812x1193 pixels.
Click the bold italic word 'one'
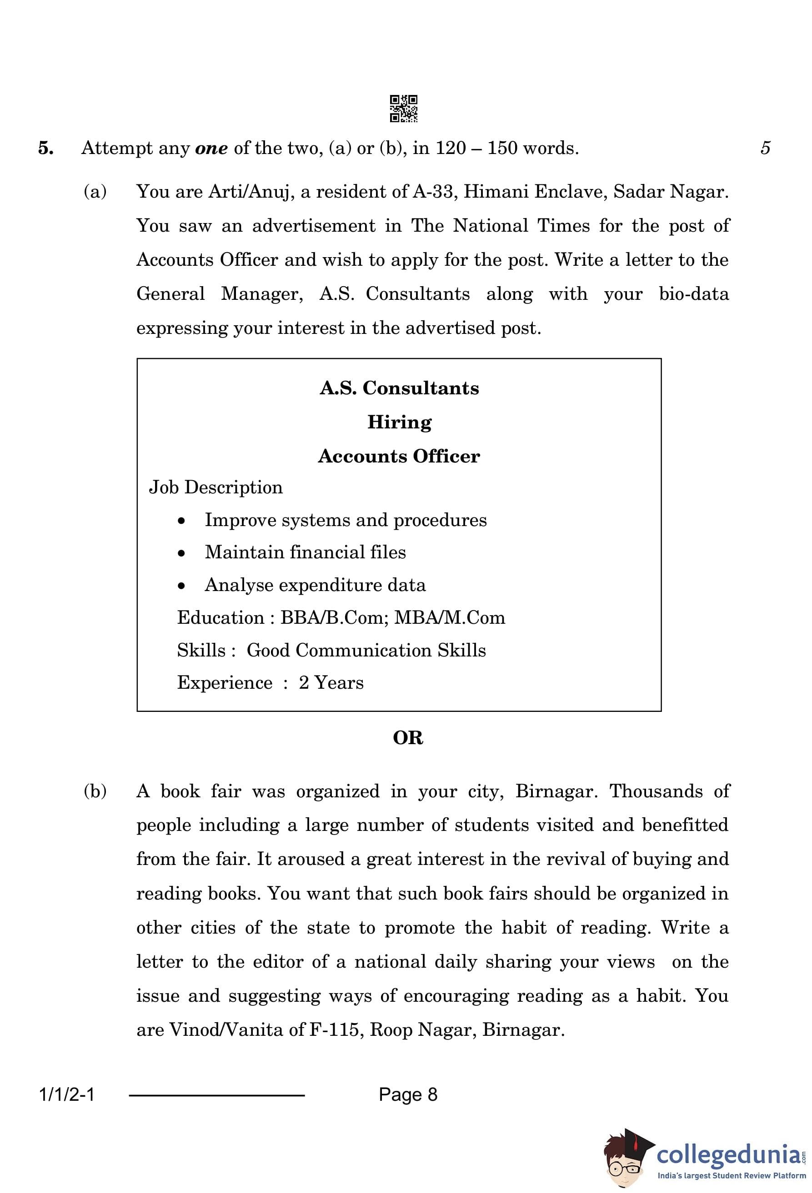[211, 149]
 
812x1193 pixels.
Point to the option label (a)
[95, 191]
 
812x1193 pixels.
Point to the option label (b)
[95, 791]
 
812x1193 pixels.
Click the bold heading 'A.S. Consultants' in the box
[399, 388]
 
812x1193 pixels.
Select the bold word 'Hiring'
[400, 423]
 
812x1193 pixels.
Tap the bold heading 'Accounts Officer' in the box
[399, 456]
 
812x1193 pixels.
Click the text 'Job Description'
[216, 487]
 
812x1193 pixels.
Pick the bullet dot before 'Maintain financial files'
[181, 553]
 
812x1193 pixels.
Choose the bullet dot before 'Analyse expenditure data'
[181, 586]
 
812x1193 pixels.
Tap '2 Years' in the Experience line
[331, 683]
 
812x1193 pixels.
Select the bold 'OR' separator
[408, 738]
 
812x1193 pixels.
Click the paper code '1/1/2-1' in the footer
[67, 1095]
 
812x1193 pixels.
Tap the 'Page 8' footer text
[408, 1095]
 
